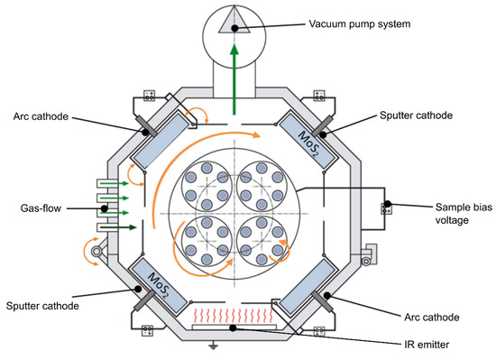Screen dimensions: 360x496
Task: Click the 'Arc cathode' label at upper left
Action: (39, 115)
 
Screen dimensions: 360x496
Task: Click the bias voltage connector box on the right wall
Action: (387, 208)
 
